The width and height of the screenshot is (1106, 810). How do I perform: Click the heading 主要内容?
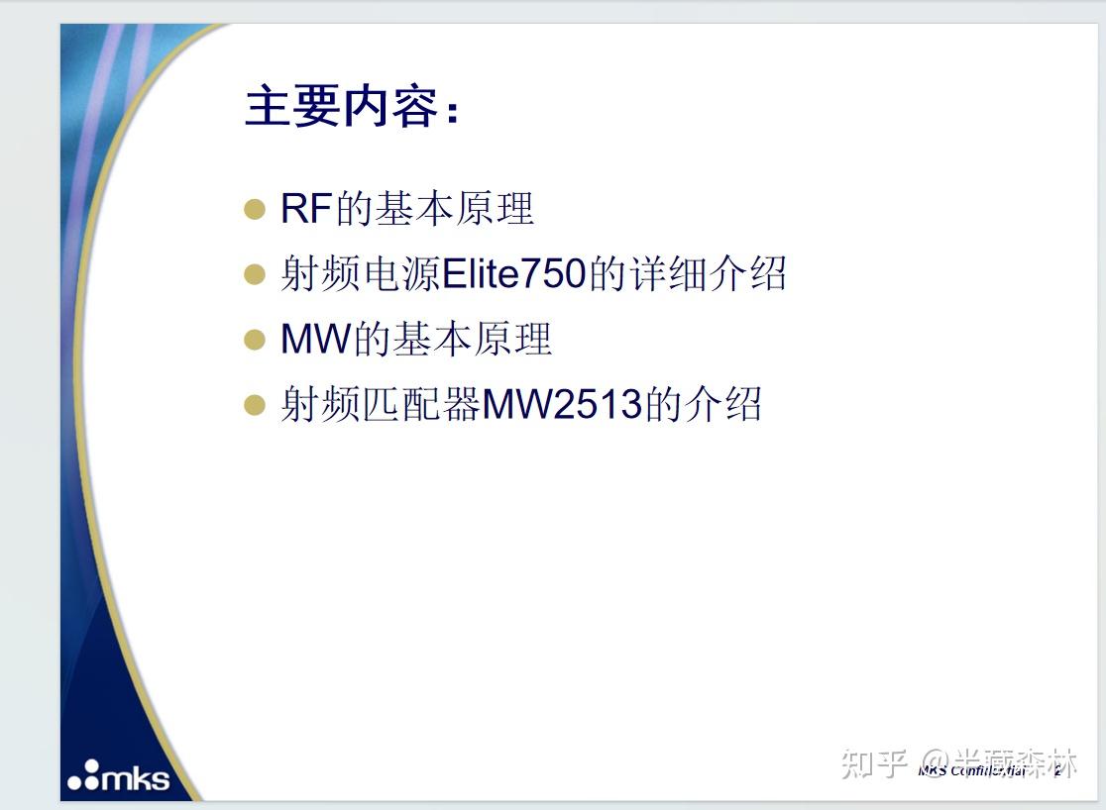341,107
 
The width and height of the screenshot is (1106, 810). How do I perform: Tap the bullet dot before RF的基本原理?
255,209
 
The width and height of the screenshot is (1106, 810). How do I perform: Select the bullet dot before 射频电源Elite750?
255,274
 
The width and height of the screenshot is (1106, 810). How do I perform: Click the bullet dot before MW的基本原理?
255,340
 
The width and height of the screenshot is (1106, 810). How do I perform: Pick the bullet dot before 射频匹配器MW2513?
255,405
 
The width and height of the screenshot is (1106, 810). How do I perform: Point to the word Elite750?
513,274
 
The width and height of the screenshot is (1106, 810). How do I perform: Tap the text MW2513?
562,405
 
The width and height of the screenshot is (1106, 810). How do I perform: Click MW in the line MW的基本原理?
316,340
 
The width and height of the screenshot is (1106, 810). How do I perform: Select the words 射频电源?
360,274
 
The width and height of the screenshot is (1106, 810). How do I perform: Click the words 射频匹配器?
381,405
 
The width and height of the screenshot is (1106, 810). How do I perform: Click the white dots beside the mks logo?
84,776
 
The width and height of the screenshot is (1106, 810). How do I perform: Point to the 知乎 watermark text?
874,763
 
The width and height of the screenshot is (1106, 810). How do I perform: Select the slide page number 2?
1058,770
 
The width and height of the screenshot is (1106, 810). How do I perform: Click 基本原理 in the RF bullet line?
453,209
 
